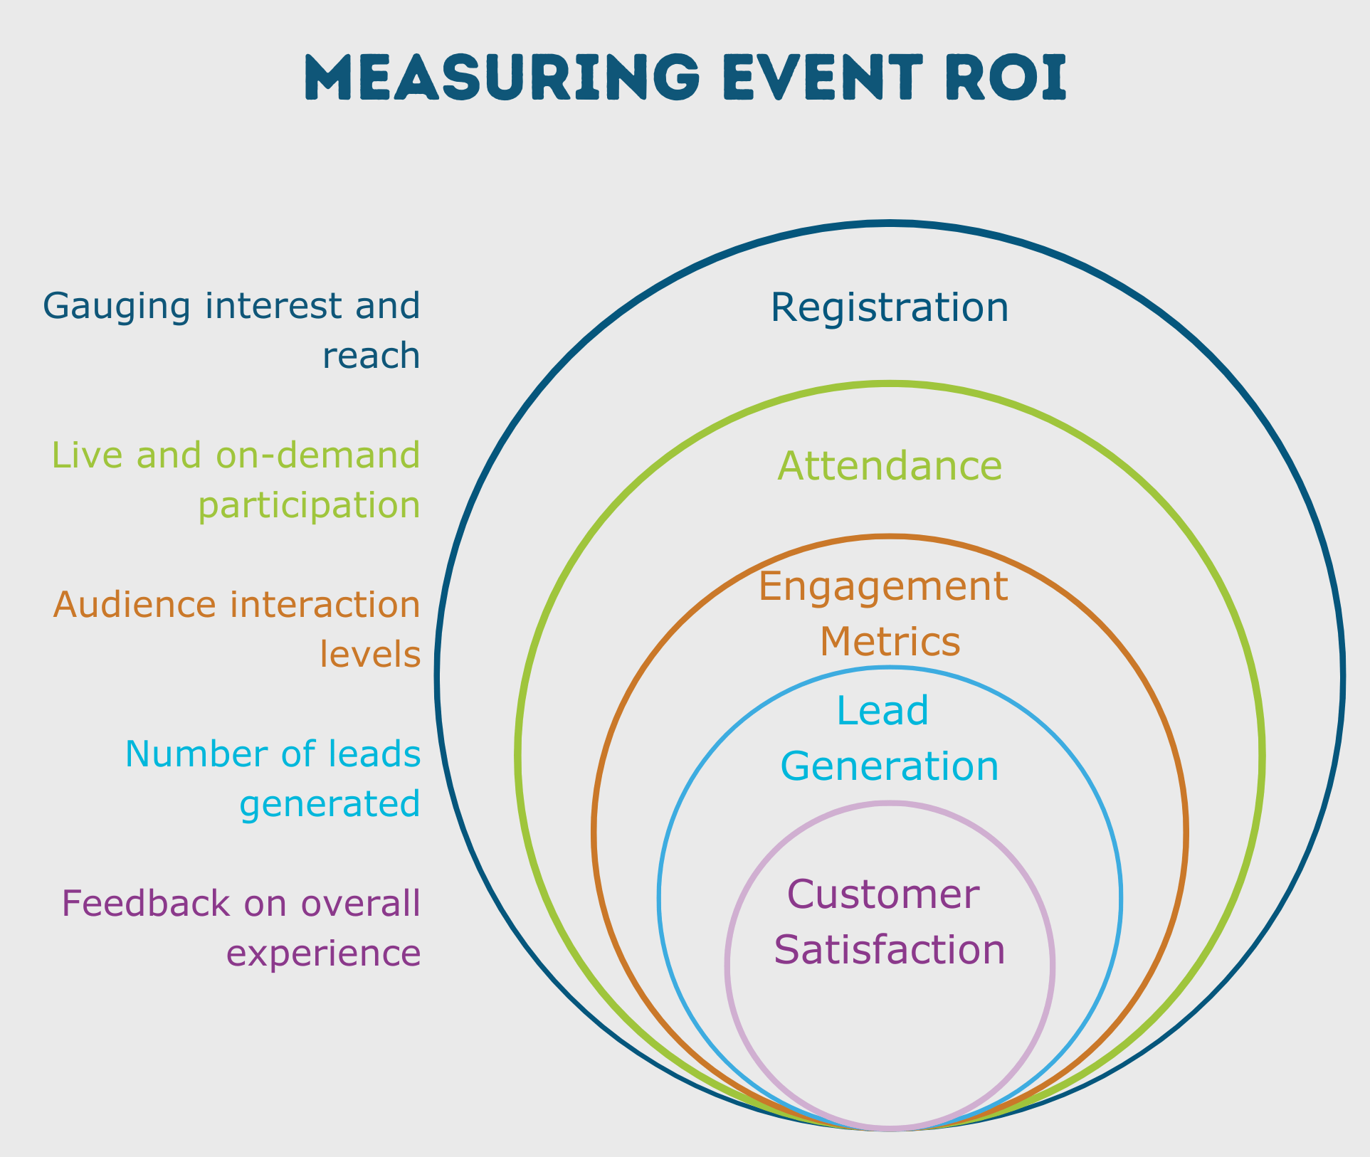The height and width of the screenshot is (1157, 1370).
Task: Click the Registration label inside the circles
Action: tap(890, 307)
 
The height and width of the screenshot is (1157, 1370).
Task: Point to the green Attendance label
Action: tap(890, 467)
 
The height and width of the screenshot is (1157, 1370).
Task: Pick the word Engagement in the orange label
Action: tap(883, 588)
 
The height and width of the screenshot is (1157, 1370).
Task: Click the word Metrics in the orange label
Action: tap(890, 642)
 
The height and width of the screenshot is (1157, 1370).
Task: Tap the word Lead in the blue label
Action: tap(882, 711)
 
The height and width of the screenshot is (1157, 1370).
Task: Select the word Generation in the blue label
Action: tap(890, 767)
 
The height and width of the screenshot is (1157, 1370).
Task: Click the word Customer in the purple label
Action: tap(883, 894)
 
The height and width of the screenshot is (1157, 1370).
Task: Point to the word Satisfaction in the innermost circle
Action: tap(890, 950)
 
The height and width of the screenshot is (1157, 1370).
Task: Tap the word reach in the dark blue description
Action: tap(371, 355)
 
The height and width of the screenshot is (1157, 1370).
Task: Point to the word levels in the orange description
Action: tap(370, 654)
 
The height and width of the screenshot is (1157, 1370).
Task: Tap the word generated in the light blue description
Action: tap(330, 804)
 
